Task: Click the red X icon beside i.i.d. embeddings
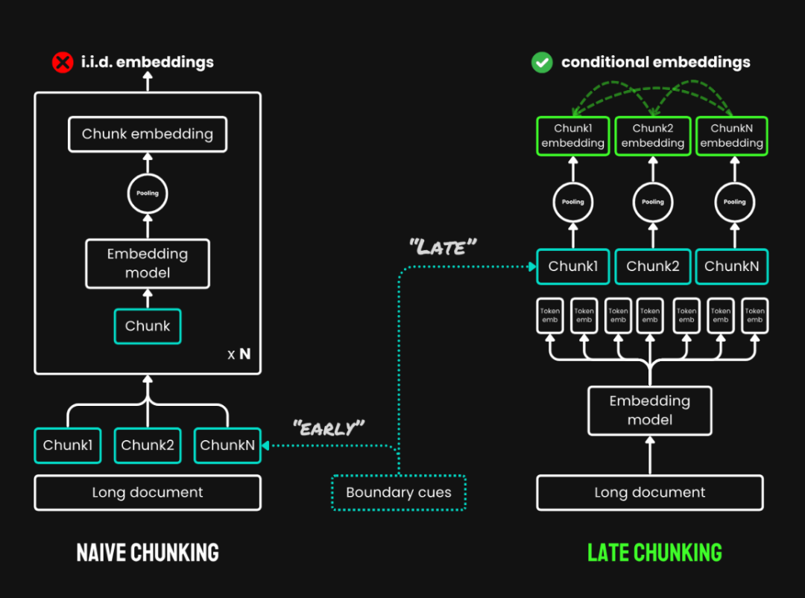click(x=63, y=62)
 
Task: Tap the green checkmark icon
click(x=541, y=62)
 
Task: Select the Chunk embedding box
click(x=148, y=135)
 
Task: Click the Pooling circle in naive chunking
click(x=148, y=194)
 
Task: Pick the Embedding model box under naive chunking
click(x=148, y=263)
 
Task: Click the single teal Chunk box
click(x=148, y=326)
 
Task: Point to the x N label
click(x=239, y=354)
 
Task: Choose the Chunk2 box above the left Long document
click(x=148, y=445)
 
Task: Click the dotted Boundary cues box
click(x=399, y=492)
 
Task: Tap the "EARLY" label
click(x=329, y=427)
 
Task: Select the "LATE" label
click(x=443, y=247)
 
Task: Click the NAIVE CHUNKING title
click(x=148, y=552)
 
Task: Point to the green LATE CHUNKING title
click(x=654, y=552)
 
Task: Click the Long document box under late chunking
click(x=650, y=492)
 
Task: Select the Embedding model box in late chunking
click(x=650, y=410)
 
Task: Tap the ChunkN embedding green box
click(x=731, y=136)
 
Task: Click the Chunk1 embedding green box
click(x=573, y=136)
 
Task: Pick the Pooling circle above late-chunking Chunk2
click(x=653, y=202)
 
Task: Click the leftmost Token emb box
click(x=550, y=316)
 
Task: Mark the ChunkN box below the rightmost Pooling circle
click(x=731, y=267)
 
